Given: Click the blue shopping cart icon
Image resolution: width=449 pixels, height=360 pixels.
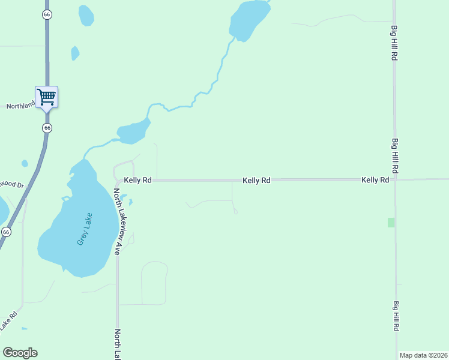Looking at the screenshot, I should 46,96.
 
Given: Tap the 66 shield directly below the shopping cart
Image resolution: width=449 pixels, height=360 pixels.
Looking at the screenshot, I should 47,128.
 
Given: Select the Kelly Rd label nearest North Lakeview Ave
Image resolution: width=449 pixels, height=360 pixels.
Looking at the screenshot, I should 137,180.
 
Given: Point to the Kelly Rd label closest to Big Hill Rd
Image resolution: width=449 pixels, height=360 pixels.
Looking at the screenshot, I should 375,180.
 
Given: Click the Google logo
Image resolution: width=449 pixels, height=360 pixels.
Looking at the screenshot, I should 20,353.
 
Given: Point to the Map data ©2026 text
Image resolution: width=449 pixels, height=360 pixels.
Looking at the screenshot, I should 423,355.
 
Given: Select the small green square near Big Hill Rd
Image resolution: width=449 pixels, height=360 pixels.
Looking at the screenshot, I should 391,223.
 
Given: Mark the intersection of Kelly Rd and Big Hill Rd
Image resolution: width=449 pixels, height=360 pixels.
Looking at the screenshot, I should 394,179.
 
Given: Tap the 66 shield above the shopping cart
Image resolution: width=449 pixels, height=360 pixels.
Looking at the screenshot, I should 47,14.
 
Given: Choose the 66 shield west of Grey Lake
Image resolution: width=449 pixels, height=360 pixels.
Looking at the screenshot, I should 6,232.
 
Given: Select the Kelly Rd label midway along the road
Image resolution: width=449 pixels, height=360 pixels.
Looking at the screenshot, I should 256,180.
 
